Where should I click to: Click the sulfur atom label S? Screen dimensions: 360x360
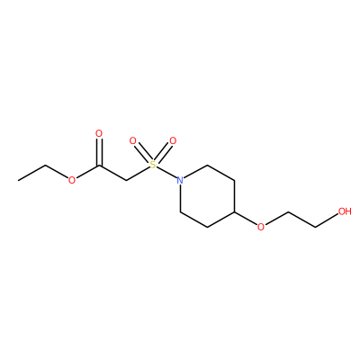click(153, 165)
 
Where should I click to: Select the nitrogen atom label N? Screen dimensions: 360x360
click(180, 180)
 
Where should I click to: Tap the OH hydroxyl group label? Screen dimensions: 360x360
click(345, 211)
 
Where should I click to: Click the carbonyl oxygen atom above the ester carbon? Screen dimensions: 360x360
click(99, 133)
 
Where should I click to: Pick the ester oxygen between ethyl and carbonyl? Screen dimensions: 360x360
click(72, 180)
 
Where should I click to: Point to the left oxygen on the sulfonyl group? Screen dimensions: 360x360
click(132, 140)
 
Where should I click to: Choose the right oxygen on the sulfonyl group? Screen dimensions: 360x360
click(173, 140)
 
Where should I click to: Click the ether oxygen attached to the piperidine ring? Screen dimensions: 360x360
click(261, 227)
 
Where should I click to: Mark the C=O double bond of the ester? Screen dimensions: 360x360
click(99, 152)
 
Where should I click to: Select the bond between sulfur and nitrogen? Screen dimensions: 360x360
click(166, 172)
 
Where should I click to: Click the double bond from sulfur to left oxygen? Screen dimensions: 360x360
click(143, 152)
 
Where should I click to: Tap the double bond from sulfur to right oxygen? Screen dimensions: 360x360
click(163, 152)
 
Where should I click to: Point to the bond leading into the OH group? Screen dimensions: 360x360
click(327, 220)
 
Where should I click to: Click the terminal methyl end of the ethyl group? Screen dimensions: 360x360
click(18, 180)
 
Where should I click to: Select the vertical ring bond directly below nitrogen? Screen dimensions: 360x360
click(180, 198)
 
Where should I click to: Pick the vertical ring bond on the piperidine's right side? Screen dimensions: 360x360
click(234, 196)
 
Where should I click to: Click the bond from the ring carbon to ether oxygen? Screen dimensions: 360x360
click(246, 218)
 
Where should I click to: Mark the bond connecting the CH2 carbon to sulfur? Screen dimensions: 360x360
click(138, 173)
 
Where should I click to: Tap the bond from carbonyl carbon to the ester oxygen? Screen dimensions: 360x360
click(87, 171)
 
